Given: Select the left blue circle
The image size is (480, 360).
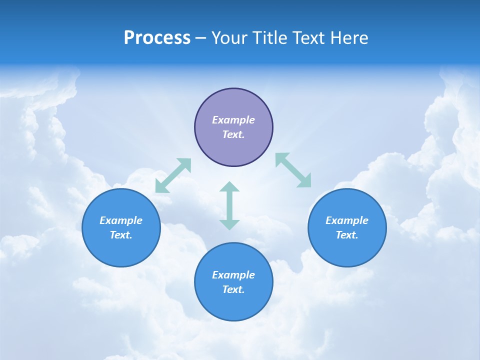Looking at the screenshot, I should click(121, 250).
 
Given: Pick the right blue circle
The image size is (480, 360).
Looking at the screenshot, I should click(347, 250).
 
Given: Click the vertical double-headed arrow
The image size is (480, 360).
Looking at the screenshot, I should click(229, 205).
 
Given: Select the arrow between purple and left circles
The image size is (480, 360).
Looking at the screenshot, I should click(173, 175).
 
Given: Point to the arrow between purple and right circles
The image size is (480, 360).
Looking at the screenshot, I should click(293, 170).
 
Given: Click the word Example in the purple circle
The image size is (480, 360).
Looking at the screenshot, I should click(233, 120).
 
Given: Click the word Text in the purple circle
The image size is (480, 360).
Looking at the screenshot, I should click(233, 135).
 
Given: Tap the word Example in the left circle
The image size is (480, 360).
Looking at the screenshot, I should click(121, 220).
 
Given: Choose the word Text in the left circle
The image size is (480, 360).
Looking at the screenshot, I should click(121, 235).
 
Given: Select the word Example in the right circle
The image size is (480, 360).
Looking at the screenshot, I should click(347, 220).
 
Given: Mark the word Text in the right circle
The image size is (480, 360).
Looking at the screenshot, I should click(347, 235).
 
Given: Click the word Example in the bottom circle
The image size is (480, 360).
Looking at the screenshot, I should click(233, 275).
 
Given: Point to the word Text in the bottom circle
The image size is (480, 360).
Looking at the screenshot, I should click(233, 289).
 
